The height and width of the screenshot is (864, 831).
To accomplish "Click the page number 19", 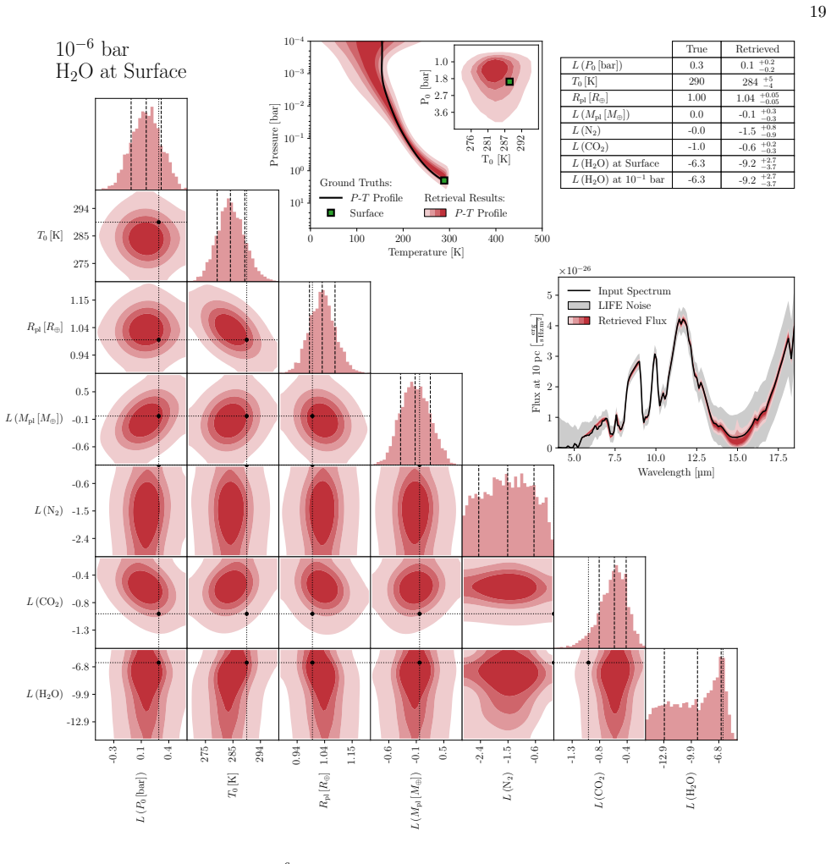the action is (x=817, y=12).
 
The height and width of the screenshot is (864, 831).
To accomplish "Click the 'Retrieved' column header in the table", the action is (x=757, y=49).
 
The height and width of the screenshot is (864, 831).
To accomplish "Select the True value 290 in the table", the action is (x=696, y=81).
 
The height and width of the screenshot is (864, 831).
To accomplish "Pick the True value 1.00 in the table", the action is (x=696, y=97).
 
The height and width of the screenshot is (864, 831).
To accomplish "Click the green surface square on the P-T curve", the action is (x=444, y=180).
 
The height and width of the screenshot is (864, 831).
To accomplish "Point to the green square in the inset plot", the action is (x=509, y=81).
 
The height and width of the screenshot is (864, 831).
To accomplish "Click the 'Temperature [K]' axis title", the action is (x=426, y=252).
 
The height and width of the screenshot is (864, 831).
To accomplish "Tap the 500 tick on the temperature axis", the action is (x=542, y=239).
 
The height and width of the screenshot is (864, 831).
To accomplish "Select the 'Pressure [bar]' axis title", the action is (x=274, y=135).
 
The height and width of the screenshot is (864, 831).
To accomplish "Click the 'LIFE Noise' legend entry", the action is (x=625, y=305).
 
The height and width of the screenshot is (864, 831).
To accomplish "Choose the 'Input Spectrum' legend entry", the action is (x=635, y=291).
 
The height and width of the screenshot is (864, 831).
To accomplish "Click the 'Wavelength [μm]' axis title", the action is (x=675, y=472).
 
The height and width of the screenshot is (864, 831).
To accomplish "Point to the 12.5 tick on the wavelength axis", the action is (x=696, y=458).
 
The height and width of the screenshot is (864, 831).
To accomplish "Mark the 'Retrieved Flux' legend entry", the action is (x=632, y=321).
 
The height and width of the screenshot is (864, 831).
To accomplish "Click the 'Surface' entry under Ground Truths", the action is (x=366, y=213).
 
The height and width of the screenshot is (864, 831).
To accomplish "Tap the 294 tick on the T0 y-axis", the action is (x=81, y=209).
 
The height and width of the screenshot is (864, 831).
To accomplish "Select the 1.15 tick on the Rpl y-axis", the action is (x=80, y=300).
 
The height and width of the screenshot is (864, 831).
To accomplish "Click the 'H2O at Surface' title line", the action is (x=121, y=72).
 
